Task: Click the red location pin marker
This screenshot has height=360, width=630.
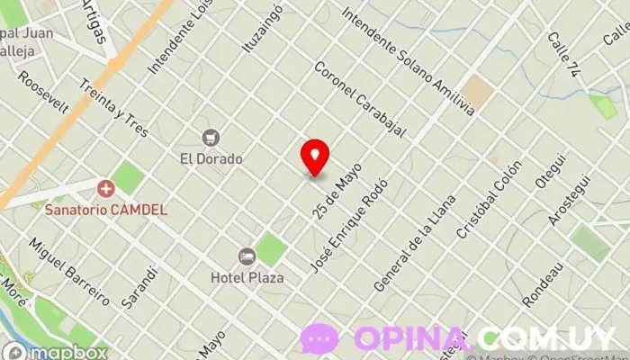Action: [x=315, y=157]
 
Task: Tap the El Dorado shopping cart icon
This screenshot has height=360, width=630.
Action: [x=211, y=138]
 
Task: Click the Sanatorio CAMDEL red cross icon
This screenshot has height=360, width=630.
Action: [x=106, y=188]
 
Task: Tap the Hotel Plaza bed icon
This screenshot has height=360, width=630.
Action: [x=247, y=256]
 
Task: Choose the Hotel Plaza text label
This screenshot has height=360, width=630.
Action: [x=247, y=277]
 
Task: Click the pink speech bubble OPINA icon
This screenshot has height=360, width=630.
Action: [x=319, y=339]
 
